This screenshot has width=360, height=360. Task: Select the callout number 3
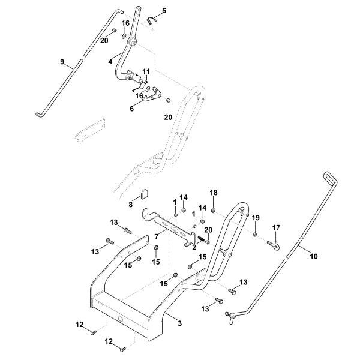point(179,324)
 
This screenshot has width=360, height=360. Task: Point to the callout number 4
point(110,60)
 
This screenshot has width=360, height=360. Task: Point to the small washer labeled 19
point(254,233)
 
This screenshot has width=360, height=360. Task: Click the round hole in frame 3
point(120,319)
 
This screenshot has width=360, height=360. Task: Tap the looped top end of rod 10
point(328,176)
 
